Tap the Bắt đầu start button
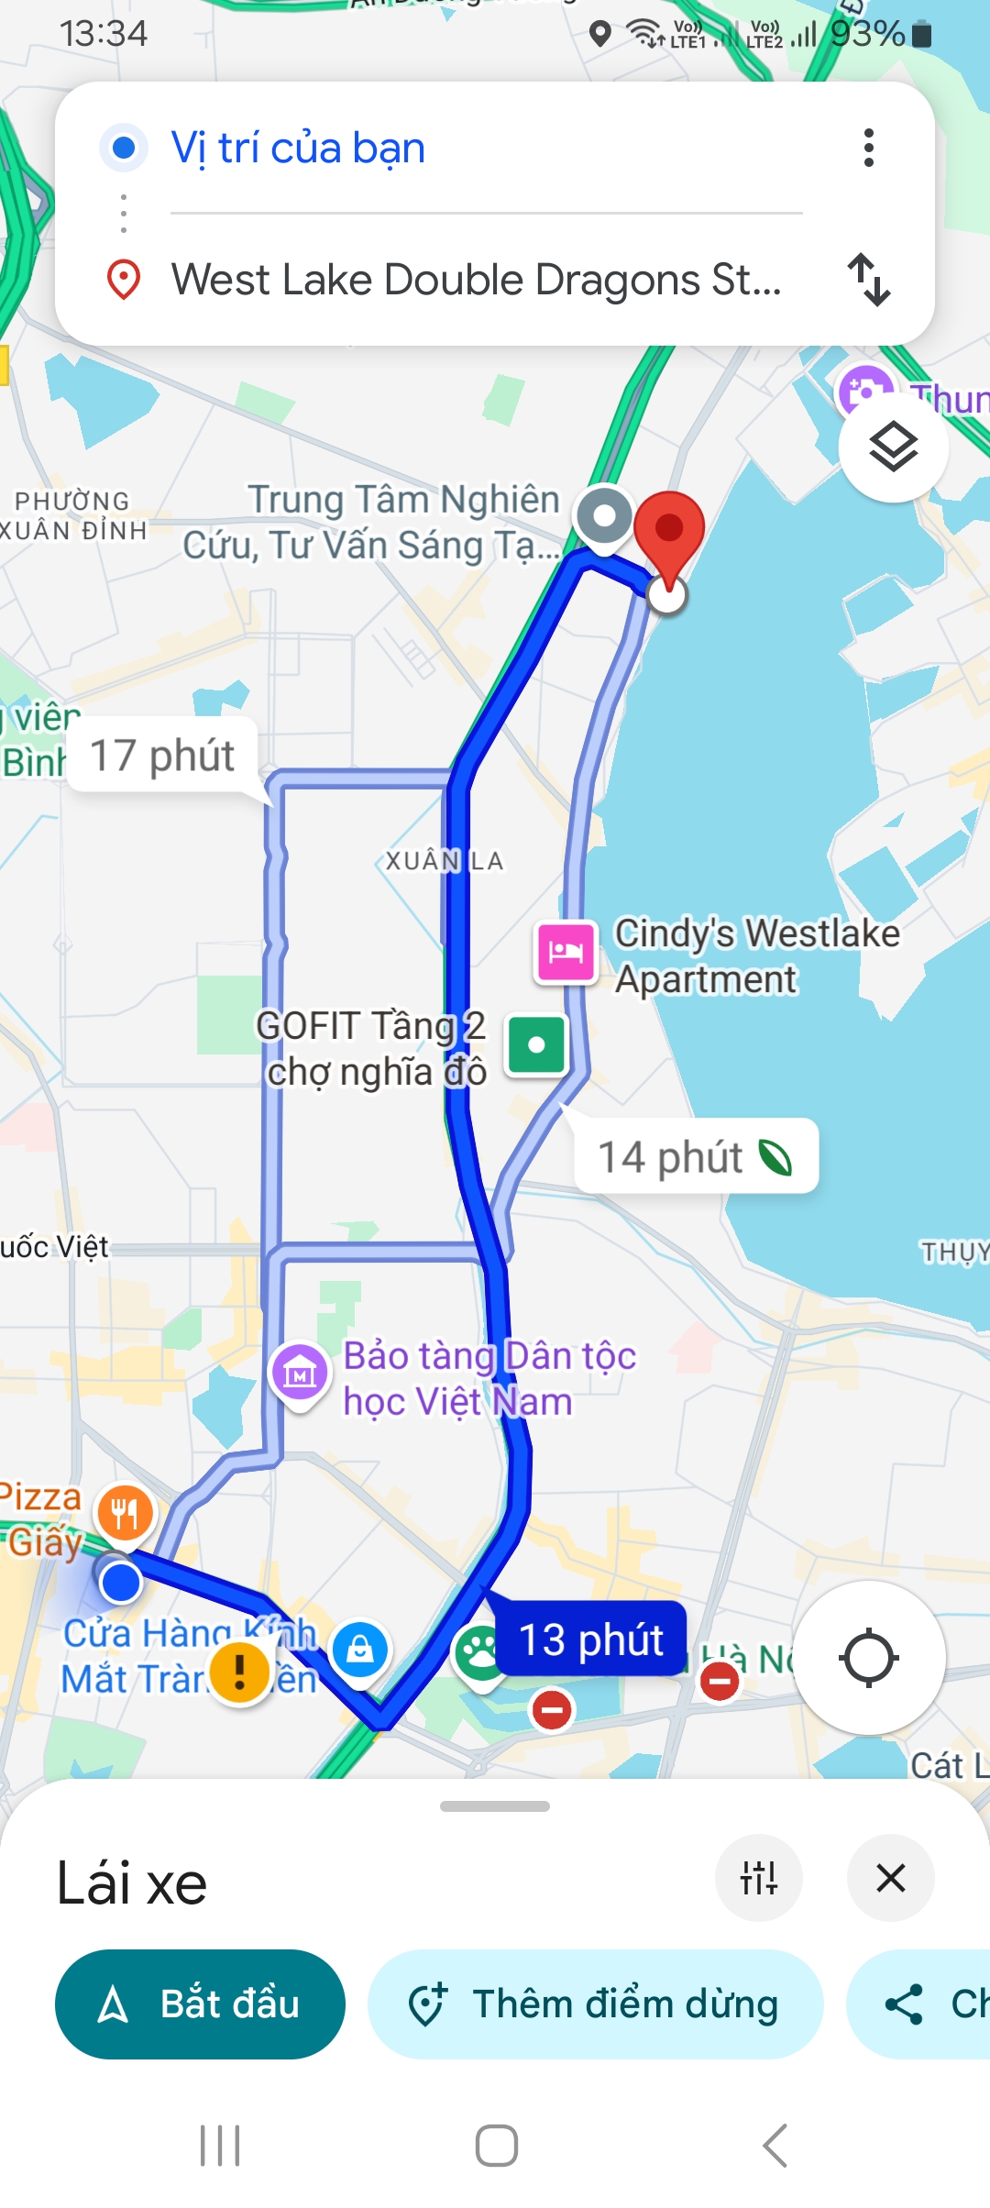(x=200, y=2004)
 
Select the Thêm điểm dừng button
(x=595, y=2004)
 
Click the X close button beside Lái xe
(x=890, y=1878)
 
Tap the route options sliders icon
(x=759, y=1878)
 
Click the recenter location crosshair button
(x=868, y=1658)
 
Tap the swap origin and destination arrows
(x=868, y=279)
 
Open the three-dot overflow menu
(x=868, y=148)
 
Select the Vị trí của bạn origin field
(x=298, y=148)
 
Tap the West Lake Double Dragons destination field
(x=476, y=280)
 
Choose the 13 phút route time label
(x=590, y=1639)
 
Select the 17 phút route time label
(x=162, y=756)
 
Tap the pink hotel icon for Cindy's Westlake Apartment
(x=566, y=951)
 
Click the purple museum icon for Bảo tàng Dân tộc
(x=300, y=1374)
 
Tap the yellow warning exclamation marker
(x=239, y=1673)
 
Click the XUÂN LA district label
(x=444, y=861)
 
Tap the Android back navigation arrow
(x=775, y=2146)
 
